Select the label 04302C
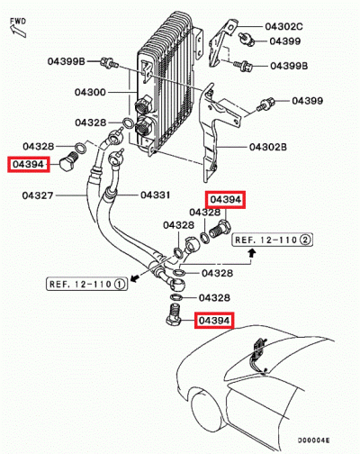point(284,28)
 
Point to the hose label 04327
point(39,195)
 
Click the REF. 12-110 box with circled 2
point(272,241)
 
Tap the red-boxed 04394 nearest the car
point(214,320)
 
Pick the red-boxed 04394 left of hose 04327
point(27,163)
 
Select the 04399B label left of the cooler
point(66,61)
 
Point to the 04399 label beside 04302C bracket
point(285,41)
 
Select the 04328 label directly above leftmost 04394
point(39,146)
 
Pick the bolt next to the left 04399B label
point(109,63)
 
